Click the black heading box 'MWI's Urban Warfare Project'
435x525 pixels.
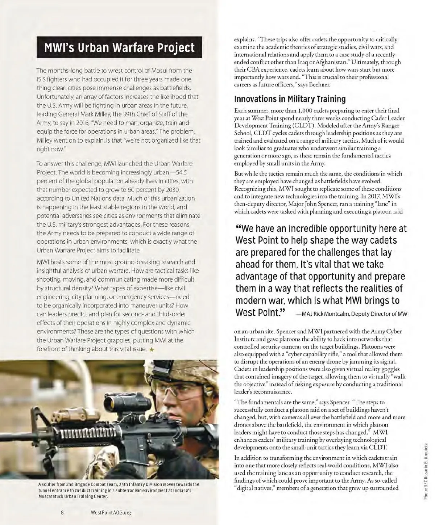pyautogui.click(x=119, y=47)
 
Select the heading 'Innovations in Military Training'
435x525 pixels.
pyautogui.click(x=290, y=99)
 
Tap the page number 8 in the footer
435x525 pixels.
pyautogui.click(x=62, y=512)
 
